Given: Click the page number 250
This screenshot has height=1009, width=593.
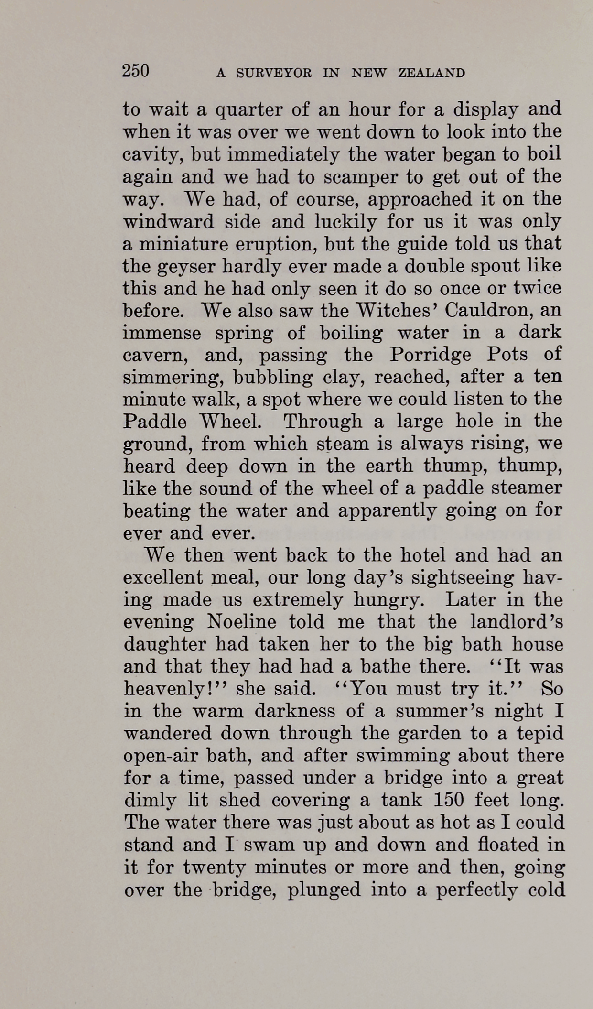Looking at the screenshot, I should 136,71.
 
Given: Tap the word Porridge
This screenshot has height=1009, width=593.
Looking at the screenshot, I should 431,355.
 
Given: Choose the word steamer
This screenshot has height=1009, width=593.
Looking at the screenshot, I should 528,488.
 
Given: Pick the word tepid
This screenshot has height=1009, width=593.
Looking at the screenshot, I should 540,733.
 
